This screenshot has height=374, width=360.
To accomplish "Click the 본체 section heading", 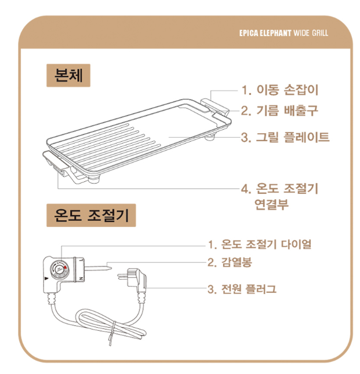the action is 68,75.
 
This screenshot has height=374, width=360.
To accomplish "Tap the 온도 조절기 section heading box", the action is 91,215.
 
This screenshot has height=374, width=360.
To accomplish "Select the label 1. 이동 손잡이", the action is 280,90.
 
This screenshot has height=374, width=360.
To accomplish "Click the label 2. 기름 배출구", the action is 279,111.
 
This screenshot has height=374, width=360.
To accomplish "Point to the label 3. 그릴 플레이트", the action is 285,137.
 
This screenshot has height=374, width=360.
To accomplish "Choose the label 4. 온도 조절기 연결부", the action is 279,196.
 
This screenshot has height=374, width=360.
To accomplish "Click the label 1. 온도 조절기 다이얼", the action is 260,244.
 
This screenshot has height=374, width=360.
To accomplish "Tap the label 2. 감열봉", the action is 230,262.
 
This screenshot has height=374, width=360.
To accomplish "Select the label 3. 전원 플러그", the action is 242,289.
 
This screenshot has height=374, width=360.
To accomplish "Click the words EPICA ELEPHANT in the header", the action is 265,33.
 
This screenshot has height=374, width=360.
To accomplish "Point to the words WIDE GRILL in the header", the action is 311,33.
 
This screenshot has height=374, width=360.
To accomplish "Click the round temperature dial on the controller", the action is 59,270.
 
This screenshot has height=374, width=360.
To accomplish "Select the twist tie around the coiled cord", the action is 112,333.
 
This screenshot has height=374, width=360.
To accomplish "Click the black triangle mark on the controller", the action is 46,278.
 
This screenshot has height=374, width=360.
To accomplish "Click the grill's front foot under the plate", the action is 94,179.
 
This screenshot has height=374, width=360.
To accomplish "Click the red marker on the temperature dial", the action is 65,267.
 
